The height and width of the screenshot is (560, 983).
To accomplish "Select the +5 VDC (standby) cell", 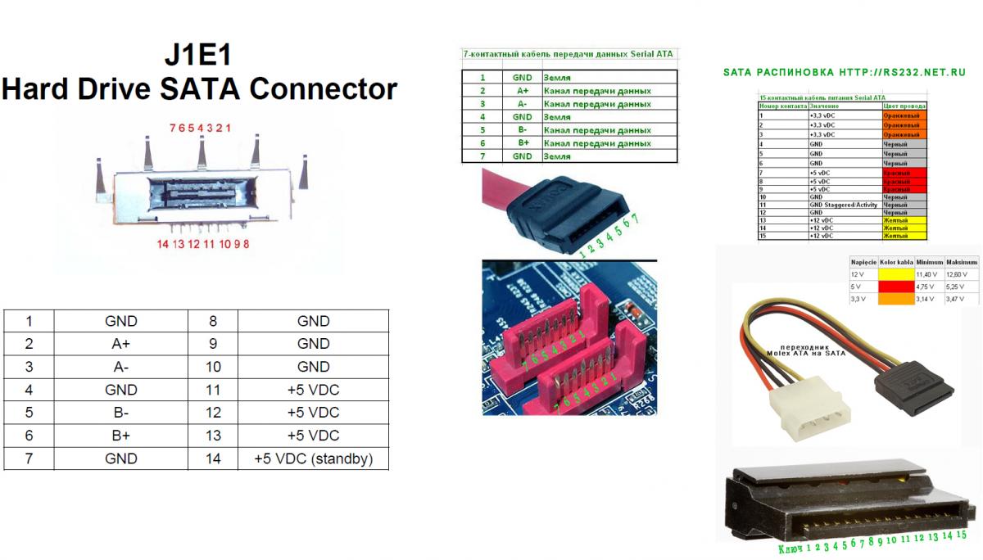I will (x=313, y=458).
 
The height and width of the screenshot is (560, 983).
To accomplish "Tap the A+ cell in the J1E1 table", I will (x=120, y=344).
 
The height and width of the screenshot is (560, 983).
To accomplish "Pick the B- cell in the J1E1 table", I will (x=120, y=413).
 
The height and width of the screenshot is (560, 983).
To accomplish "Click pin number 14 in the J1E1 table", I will (x=213, y=458).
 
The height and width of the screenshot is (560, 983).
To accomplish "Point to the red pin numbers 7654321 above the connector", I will (x=200, y=128).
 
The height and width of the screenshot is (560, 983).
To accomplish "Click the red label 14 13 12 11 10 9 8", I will (x=203, y=244).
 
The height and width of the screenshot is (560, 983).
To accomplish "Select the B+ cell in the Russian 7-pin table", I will (x=522, y=143).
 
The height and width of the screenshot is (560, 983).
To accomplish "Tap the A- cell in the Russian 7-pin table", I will (x=522, y=104).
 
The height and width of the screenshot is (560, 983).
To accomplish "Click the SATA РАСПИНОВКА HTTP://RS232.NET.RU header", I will (x=845, y=73).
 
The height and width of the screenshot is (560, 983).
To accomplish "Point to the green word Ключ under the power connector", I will (x=789, y=548).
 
